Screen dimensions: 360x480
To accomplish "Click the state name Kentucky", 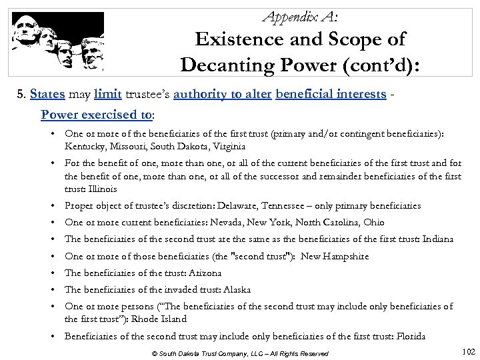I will click(x=85, y=145).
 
